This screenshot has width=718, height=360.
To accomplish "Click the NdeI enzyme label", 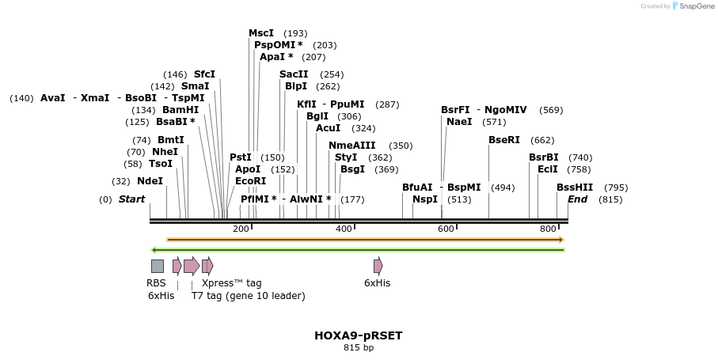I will point(150,181).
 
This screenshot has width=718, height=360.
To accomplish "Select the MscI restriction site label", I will point(261,33).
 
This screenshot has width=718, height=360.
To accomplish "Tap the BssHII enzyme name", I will point(575,188).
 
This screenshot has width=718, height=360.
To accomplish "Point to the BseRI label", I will point(504,140).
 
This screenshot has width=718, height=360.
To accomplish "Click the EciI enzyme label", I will point(548,169).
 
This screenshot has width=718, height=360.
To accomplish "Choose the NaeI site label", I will point(459,122).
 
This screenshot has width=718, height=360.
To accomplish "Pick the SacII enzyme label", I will point(294,74).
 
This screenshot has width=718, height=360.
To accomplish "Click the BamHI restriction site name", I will point(180,110).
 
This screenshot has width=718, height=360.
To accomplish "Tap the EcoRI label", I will point(251,181).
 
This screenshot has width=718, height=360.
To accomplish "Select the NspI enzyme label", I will point(425,199).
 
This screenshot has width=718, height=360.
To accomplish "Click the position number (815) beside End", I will point(610,199).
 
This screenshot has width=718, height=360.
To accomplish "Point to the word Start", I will point(132,199).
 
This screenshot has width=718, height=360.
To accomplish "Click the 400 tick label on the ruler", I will point(344,229).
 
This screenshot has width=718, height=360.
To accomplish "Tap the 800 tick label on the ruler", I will point(548,229).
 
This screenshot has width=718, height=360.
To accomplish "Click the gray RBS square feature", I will point(158,266).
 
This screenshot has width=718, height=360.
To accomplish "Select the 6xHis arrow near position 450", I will point(378,266).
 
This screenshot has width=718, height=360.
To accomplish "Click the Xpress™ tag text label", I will point(231,283).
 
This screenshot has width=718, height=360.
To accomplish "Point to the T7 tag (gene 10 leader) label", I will point(248,296).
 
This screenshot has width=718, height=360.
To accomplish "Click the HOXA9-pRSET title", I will point(359,335).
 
